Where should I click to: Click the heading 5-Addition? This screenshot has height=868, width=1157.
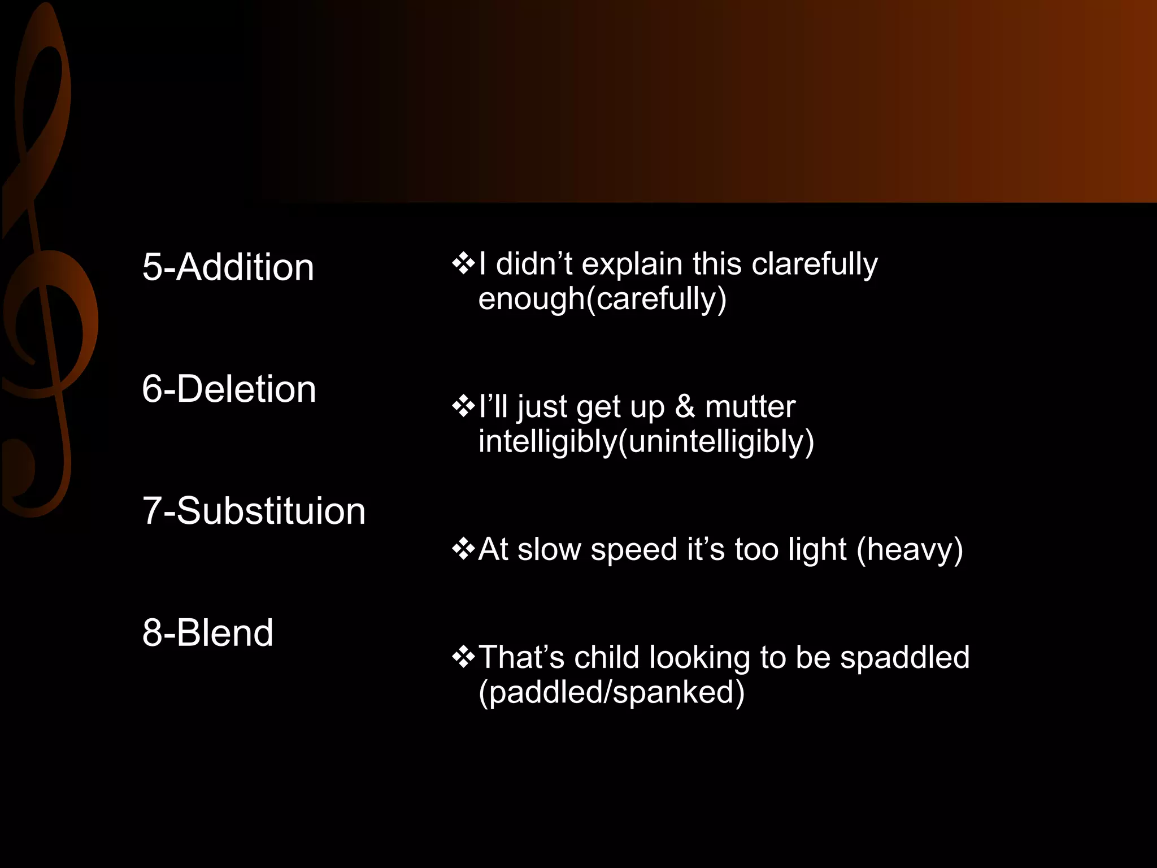[x=228, y=267]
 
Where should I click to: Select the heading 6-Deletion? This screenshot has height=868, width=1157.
[x=229, y=389]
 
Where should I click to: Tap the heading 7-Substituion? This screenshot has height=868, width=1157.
[x=254, y=511]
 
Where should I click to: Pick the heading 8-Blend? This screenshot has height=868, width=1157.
[x=207, y=632]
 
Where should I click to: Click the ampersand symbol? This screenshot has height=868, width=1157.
[x=685, y=406]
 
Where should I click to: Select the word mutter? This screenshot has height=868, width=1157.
[x=750, y=406]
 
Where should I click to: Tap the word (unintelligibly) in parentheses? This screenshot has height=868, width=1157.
[x=716, y=441]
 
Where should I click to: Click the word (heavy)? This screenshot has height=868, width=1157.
[x=910, y=549]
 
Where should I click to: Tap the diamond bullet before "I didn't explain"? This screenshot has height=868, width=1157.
[x=463, y=264]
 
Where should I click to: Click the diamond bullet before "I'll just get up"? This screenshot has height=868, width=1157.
[x=463, y=406]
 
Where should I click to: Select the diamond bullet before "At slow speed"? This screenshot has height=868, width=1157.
[x=463, y=549]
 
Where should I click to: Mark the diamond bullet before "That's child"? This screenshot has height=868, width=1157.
[x=463, y=657]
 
